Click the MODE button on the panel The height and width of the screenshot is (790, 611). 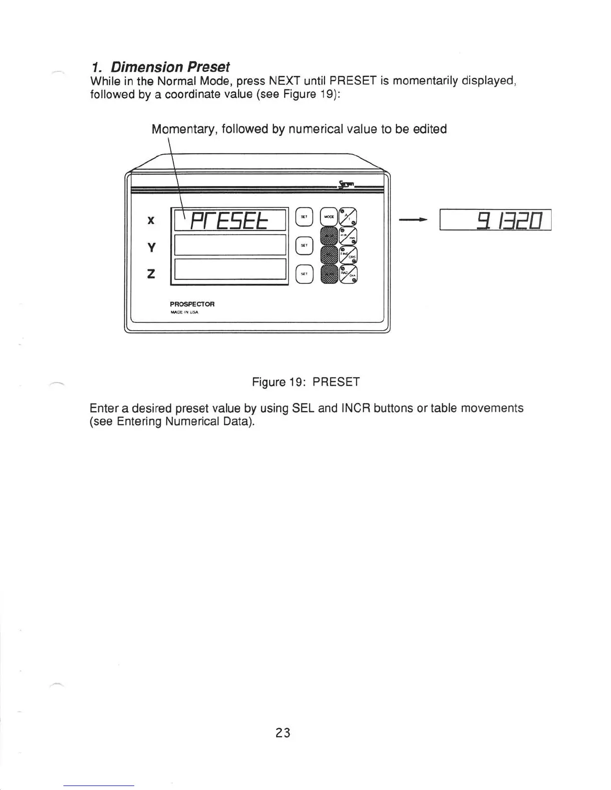329,217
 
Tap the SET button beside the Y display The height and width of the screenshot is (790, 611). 304,245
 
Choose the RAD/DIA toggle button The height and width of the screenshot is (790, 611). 348,274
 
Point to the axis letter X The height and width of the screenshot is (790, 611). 151,220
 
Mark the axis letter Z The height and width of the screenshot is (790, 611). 151,274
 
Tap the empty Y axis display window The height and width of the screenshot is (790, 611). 229,245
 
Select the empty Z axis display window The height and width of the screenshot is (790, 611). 229,270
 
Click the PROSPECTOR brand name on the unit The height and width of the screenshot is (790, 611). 192,304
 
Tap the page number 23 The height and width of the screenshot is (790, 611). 283,733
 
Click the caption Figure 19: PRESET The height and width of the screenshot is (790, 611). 305,382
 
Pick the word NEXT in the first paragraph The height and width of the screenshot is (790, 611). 284,81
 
